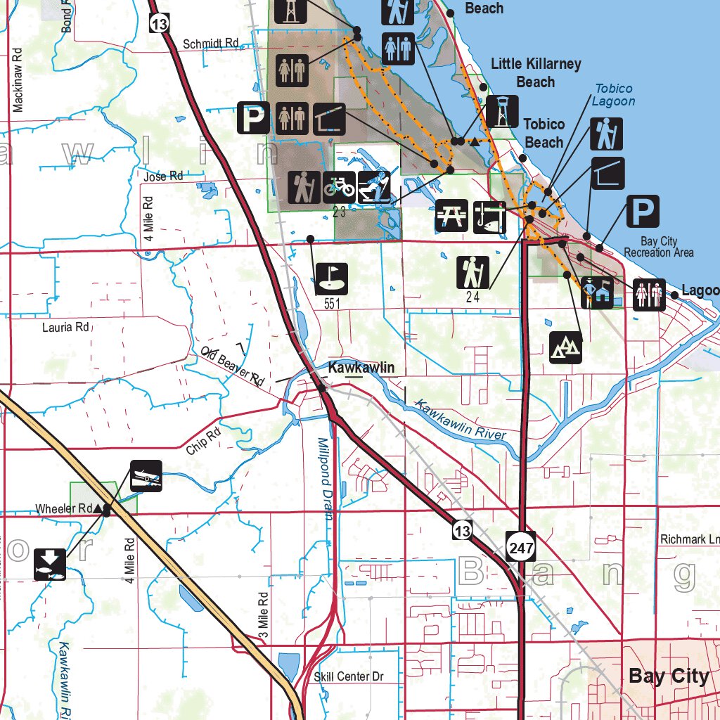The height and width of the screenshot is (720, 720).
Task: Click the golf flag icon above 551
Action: coord(331,278)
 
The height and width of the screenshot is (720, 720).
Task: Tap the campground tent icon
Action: coord(566,346)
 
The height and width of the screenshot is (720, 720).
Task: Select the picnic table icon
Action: coord(452,216)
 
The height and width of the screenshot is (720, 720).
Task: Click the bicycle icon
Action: coord(339,187)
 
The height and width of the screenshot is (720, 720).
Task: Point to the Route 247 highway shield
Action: coord(520,546)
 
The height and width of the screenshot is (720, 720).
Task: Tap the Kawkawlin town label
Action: coord(361,368)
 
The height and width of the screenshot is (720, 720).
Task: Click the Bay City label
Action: coord(669,676)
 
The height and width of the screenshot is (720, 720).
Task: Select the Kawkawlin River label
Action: coord(460,420)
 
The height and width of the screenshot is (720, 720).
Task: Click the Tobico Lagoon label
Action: coord(613,95)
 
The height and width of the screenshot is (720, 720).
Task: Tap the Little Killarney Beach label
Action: coord(536,73)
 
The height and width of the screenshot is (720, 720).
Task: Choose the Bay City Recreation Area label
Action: coord(659,247)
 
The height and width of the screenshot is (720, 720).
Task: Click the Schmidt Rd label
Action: coord(211,44)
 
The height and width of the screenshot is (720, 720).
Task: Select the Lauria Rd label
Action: coord(65,327)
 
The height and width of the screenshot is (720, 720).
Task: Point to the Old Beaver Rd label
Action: coord(232,366)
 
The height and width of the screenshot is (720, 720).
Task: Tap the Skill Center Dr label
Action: coord(349,676)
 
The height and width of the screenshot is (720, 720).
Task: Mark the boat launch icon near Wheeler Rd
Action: coord(146,476)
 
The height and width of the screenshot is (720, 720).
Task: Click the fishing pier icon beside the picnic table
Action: coord(489,216)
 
